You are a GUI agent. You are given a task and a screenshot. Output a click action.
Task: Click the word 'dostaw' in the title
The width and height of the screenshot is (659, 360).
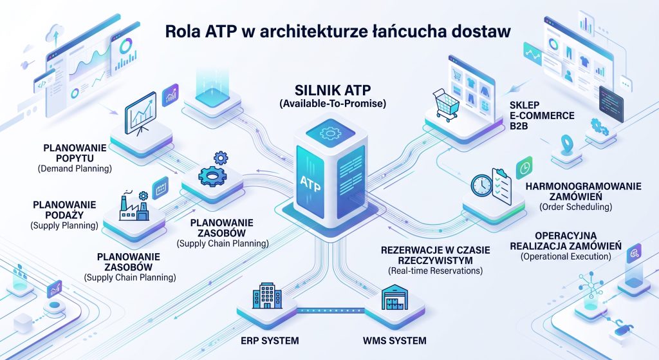(x=478, y=32)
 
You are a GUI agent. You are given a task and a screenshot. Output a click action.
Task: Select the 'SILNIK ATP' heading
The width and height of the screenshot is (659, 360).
(x=333, y=90)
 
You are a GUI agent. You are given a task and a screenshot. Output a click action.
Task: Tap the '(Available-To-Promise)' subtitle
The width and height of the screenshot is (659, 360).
(x=333, y=104)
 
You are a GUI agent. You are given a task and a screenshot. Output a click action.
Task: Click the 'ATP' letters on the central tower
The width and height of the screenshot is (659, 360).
(x=310, y=182)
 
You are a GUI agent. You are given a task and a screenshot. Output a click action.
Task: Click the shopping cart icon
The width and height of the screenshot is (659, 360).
(x=445, y=104)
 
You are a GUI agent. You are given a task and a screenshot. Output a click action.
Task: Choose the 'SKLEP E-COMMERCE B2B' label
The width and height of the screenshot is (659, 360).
(x=542, y=115)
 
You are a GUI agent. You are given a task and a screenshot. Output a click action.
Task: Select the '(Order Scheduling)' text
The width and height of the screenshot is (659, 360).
(x=575, y=207)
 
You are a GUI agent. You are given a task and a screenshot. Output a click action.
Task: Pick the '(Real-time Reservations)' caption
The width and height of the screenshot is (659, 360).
(x=435, y=271)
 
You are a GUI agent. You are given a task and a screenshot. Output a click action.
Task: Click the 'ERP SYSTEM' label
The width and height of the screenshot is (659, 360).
(x=270, y=340)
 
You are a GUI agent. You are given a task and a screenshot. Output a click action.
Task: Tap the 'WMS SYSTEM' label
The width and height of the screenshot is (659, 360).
(x=394, y=340)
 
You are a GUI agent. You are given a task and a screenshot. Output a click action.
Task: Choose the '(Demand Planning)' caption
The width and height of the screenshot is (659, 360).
(x=75, y=169)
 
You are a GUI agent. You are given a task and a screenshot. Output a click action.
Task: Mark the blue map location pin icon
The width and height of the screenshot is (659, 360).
(x=566, y=144)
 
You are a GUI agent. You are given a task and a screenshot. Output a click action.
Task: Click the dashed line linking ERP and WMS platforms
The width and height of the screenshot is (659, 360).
(x=331, y=311)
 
